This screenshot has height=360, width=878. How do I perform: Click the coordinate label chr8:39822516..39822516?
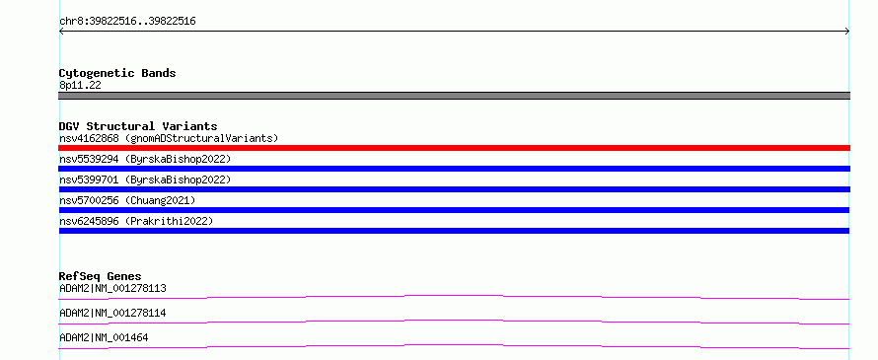coord(127,22)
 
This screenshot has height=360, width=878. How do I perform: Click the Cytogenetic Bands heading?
coord(117,73)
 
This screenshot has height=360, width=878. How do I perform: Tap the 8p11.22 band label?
coord(80,85)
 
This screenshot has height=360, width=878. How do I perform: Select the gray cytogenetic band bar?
coord(454,96)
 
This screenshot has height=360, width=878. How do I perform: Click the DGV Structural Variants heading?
coord(138,126)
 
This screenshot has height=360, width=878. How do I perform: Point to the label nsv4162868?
coord(89,138)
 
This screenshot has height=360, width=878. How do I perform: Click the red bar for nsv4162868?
coord(454,148)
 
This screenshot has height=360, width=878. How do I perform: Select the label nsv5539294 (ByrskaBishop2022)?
coord(145,159)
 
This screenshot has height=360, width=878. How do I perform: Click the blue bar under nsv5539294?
coord(454,169)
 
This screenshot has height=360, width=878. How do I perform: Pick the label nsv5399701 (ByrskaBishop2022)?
coord(145,180)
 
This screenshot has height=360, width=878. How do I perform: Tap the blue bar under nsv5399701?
coord(454,189)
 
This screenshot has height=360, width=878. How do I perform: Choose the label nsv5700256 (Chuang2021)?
coord(127,200)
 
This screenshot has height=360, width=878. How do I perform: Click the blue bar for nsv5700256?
coord(454,210)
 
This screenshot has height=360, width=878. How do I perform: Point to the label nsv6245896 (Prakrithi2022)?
coord(136,221)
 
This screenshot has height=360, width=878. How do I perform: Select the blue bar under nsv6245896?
coord(454,231)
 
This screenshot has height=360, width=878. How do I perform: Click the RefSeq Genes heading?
coord(101,276)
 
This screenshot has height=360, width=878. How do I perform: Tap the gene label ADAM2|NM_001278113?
coord(112,289)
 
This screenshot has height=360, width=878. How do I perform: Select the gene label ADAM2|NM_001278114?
coord(112,313)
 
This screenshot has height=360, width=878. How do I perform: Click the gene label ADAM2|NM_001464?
coord(104,337)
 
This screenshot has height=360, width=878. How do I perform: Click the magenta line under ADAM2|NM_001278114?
coord(454,321)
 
